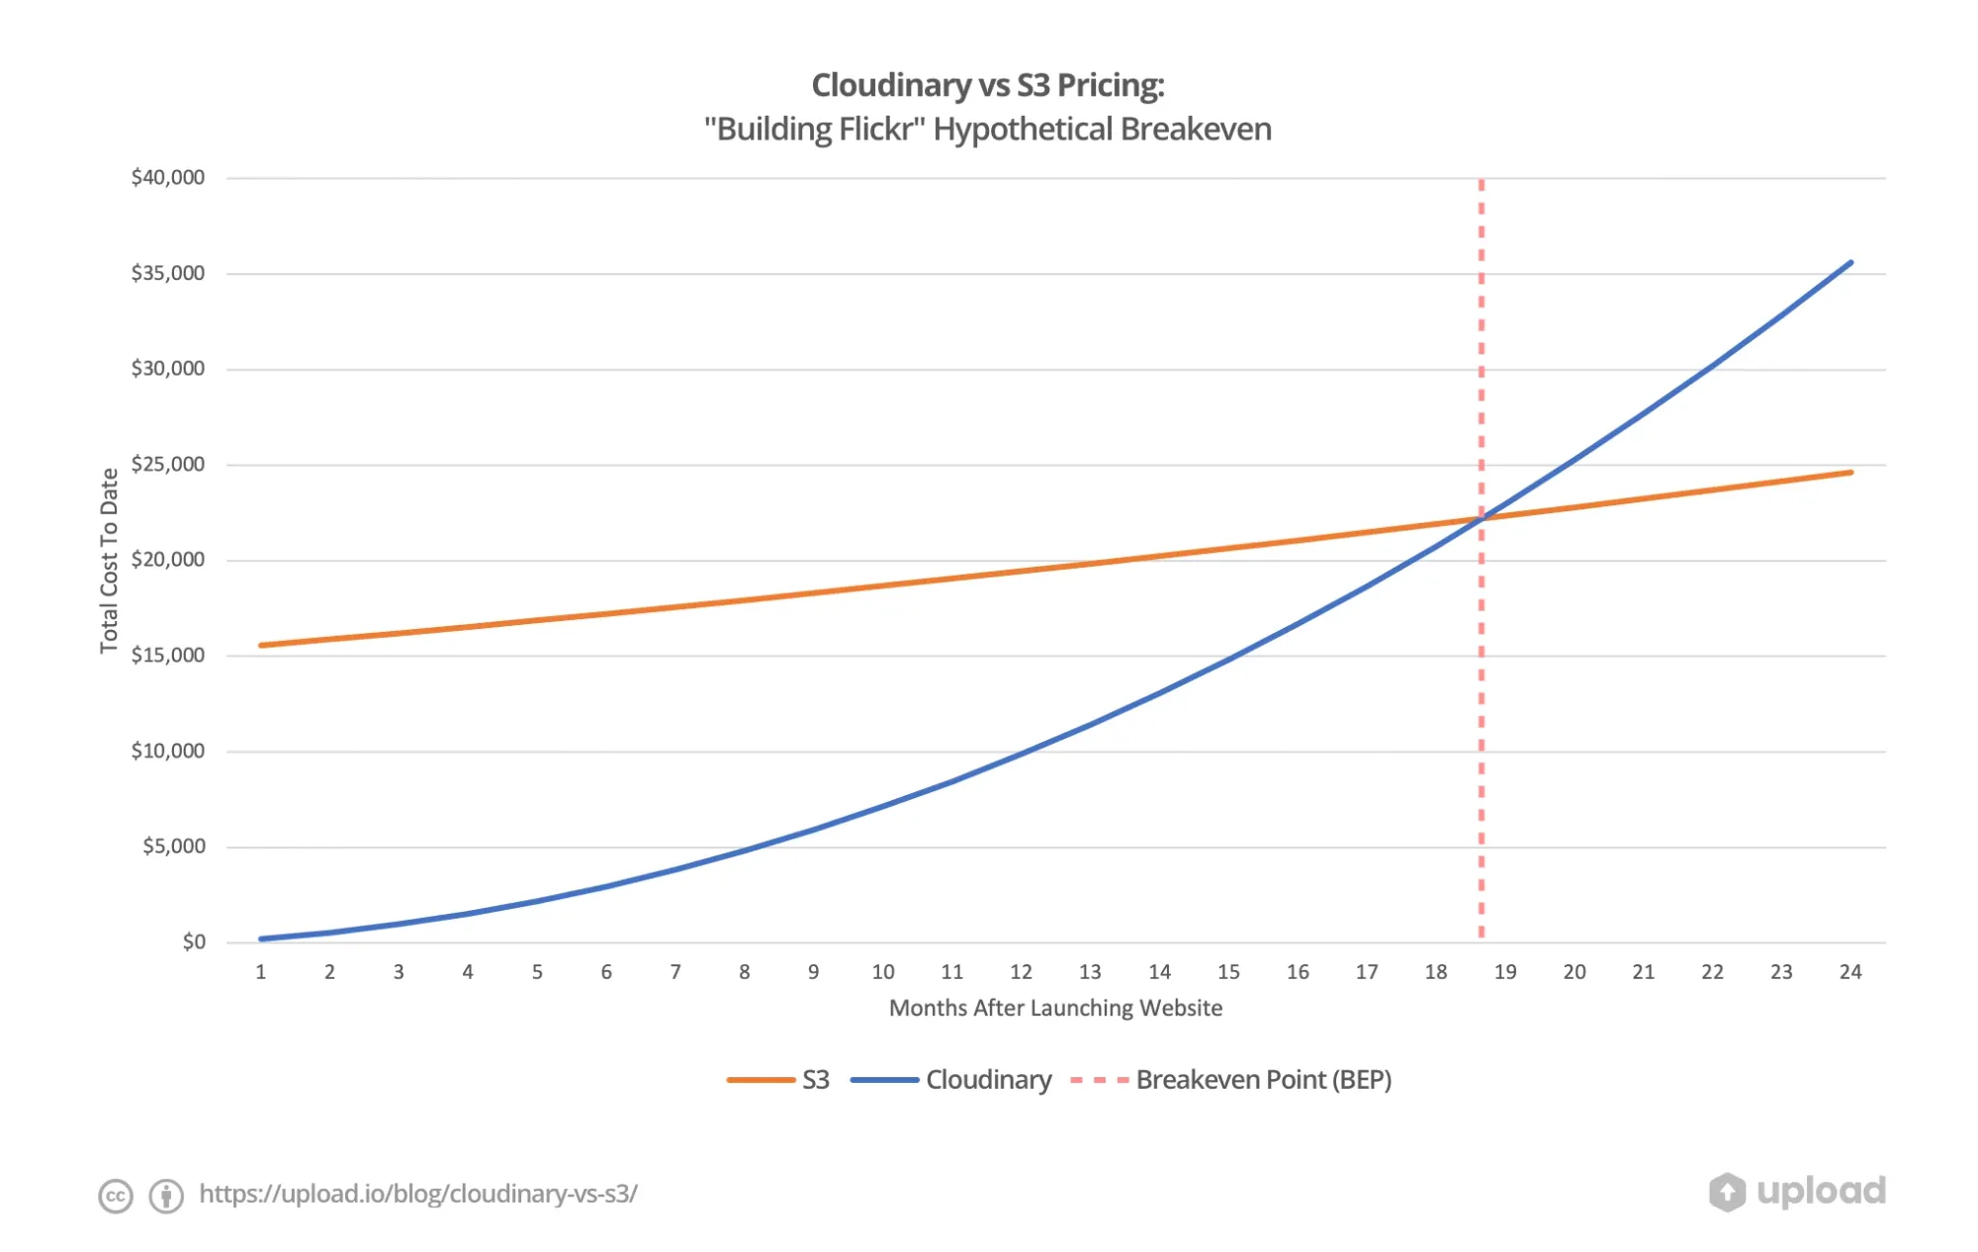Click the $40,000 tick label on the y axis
tap(167, 178)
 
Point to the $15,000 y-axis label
tap(167, 656)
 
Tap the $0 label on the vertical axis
tap(194, 942)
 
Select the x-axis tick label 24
tap(1849, 972)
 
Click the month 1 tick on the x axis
tap(261, 972)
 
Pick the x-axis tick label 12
tap(1021, 972)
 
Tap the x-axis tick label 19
tap(1504, 972)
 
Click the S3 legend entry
tap(815, 1080)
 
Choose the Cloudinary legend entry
tap(988, 1080)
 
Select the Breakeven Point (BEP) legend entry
tap(1263, 1080)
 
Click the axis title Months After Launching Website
tap(1055, 1008)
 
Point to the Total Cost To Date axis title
tap(109, 561)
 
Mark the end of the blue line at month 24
tap(1849, 263)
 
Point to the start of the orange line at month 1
tap(262, 645)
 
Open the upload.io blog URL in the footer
tap(418, 1194)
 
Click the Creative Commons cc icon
tap(116, 1196)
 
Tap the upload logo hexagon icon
tap(1727, 1192)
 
